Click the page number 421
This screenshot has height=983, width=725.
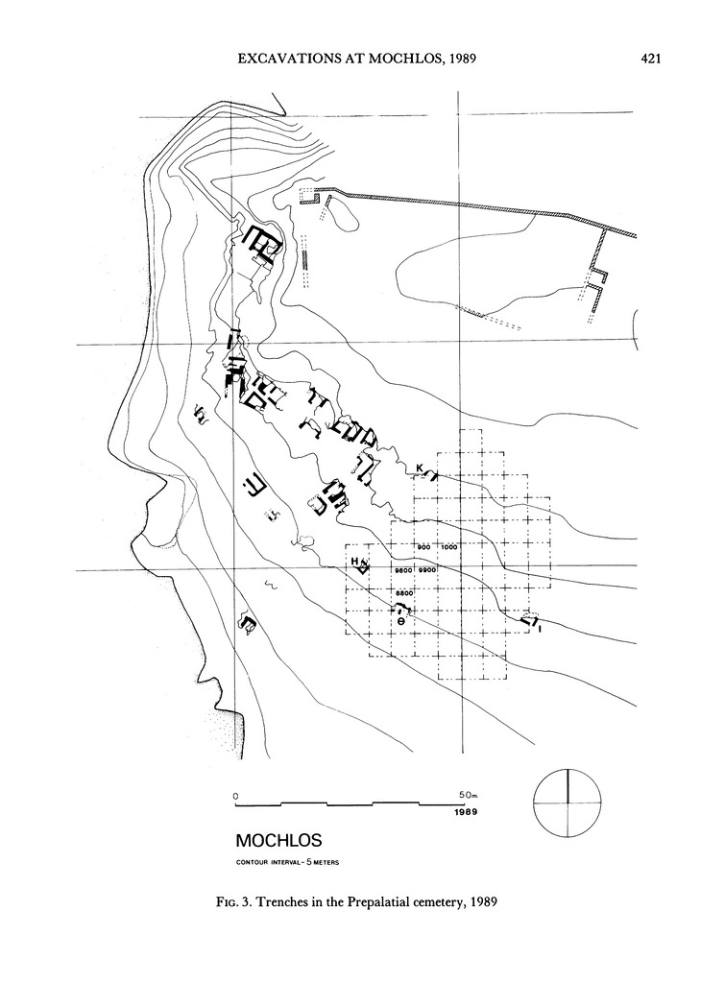pos(652,60)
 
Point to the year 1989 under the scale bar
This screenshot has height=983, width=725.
pos(467,812)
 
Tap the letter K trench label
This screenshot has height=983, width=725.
pos(420,468)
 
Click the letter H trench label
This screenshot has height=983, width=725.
pos(354,561)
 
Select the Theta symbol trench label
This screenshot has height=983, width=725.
pos(401,621)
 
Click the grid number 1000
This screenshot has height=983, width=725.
pos(449,546)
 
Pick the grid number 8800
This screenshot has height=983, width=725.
pos(403,595)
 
